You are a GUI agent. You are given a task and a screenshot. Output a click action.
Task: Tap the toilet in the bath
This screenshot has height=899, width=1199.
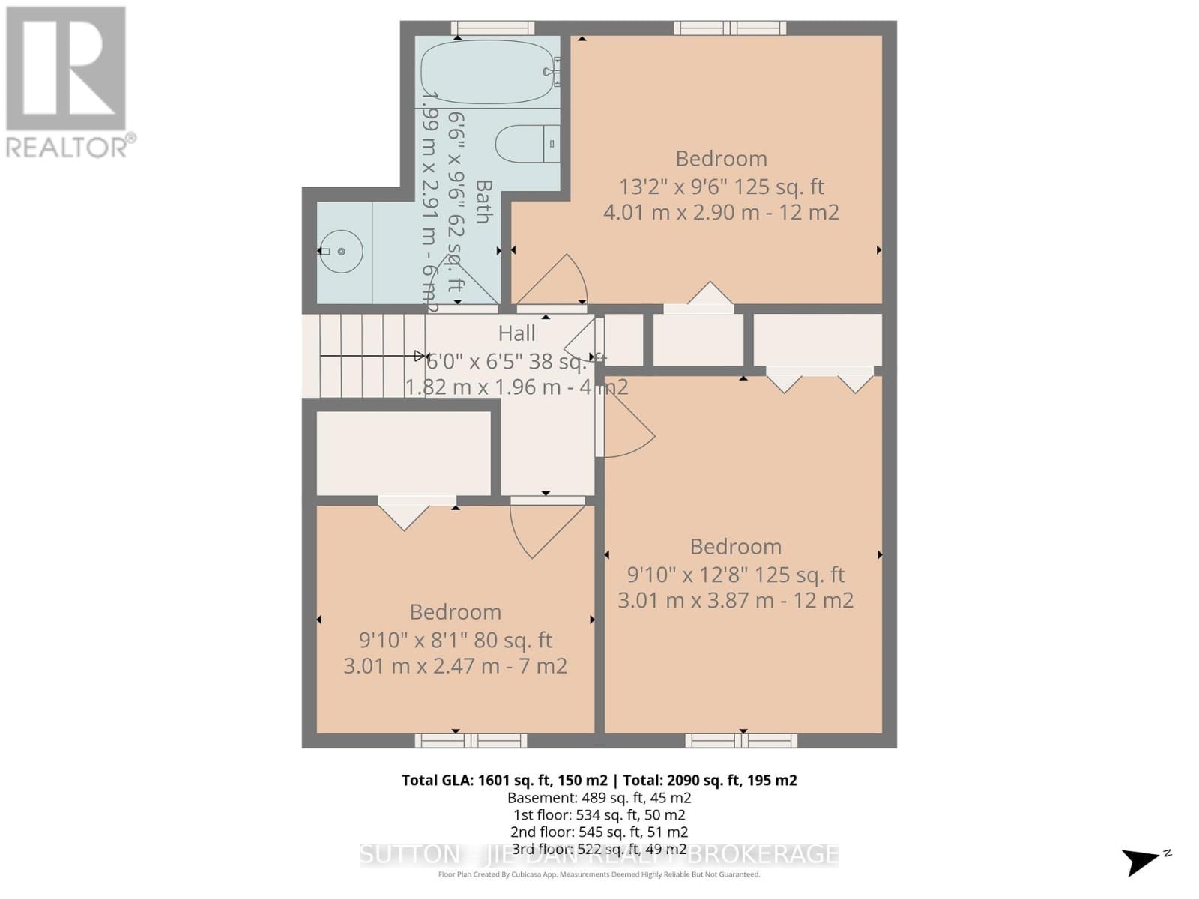click(x=528, y=144)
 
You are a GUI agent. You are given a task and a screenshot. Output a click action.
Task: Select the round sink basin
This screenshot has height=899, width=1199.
click(x=342, y=252)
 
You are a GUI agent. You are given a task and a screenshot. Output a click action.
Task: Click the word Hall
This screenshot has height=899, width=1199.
click(x=517, y=333)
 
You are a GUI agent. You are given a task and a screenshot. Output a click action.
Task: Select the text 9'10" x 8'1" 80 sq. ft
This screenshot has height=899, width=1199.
click(x=455, y=641)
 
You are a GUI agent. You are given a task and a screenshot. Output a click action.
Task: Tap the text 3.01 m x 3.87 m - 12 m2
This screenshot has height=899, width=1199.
click(x=735, y=601)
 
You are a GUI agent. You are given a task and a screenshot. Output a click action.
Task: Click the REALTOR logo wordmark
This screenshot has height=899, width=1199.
click(x=71, y=146)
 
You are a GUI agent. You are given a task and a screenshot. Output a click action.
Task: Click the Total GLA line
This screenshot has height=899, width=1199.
click(x=599, y=780)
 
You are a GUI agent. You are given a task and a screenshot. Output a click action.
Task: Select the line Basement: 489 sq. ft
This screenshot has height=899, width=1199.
click(x=599, y=798)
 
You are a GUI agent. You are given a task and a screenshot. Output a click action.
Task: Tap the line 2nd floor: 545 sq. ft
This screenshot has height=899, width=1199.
click(x=599, y=832)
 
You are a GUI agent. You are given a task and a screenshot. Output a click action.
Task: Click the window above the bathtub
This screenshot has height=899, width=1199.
click(x=492, y=28)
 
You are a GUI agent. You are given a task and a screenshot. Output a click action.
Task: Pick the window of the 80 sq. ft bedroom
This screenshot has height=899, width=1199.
click(x=471, y=741)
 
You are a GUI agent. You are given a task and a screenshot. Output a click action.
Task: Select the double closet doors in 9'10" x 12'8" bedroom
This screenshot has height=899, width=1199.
click(x=819, y=379)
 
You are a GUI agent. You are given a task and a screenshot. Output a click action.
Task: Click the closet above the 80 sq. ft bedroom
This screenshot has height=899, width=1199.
click(x=403, y=453)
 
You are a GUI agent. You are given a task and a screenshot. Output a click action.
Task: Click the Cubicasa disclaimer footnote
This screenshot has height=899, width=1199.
click(x=599, y=874)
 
